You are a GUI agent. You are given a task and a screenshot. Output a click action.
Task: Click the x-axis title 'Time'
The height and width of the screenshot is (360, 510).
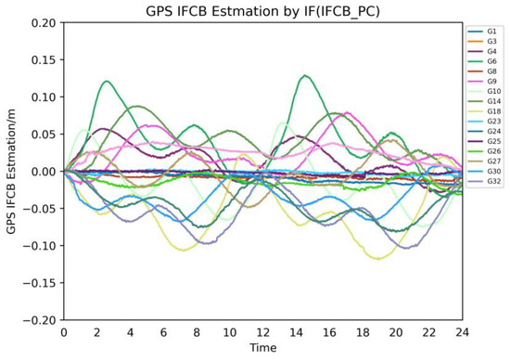click(262, 349)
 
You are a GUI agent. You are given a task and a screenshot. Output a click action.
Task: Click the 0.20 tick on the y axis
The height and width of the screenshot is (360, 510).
click(42, 22)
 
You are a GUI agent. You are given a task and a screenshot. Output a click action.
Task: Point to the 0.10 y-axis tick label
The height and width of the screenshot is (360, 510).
click(42, 96)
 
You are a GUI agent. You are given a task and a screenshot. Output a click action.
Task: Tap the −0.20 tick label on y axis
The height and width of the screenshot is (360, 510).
click(40, 319)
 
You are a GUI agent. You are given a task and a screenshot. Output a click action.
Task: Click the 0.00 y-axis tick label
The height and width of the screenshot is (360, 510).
click(42, 171)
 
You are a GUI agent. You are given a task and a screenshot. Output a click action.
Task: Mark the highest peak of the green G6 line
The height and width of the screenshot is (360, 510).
click(305, 75)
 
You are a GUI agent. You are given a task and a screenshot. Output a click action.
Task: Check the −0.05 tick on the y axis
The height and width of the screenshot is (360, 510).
click(40, 208)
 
